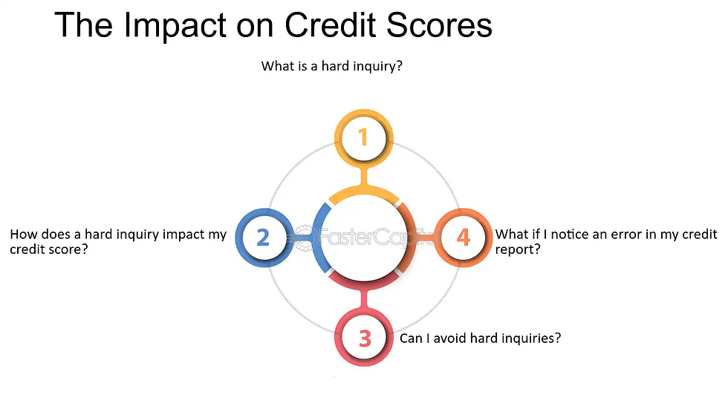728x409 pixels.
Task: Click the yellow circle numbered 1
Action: pyautogui.click(x=363, y=137)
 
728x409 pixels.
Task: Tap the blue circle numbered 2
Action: pyautogui.click(x=263, y=238)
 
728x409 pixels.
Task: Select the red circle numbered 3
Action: pyautogui.click(x=364, y=338)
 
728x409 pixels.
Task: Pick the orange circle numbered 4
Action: pyautogui.click(x=464, y=238)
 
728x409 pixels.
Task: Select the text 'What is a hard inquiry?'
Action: pyautogui.click(x=331, y=66)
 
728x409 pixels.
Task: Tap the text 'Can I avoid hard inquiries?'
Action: pyautogui.click(x=480, y=338)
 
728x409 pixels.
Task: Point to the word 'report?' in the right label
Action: pyautogui.click(x=518, y=251)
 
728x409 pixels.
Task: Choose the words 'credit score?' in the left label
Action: pyautogui.click(x=49, y=251)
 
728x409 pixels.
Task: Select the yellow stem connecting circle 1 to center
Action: pyautogui.click(x=363, y=177)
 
